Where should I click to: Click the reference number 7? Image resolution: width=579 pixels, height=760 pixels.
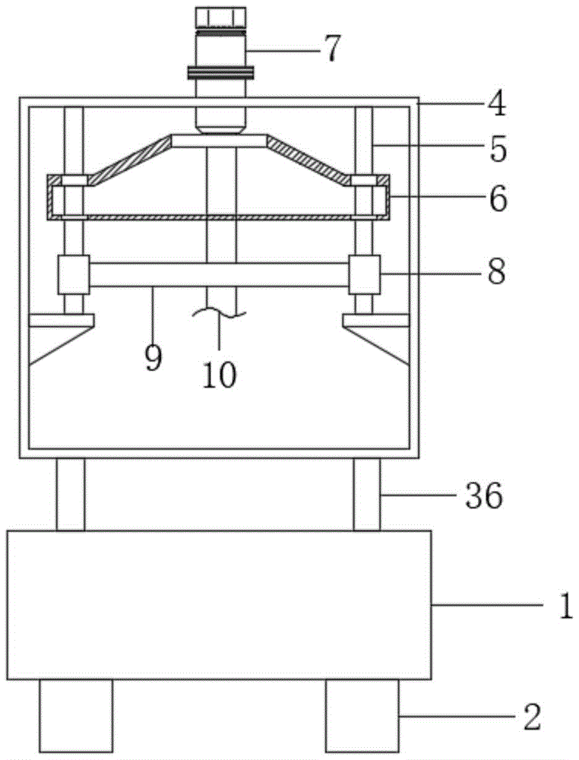click(332, 49)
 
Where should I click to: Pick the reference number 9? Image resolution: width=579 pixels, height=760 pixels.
click(153, 359)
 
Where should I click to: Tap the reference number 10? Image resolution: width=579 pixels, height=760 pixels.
click(220, 375)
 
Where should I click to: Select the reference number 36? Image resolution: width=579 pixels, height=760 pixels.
click(484, 496)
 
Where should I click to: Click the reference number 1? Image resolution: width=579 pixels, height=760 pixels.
click(566, 606)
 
